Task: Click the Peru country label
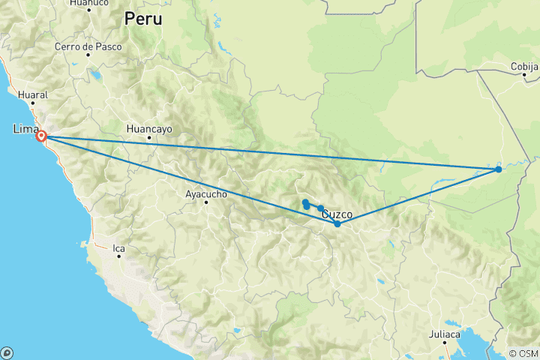(142, 19)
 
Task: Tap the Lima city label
(25, 129)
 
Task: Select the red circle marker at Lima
(42, 136)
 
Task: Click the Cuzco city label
(337, 214)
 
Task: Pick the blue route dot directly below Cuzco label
(337, 224)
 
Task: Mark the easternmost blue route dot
(499, 169)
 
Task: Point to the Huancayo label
(149, 128)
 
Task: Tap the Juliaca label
(445, 333)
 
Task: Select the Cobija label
(524, 67)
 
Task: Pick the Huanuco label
(88, 3)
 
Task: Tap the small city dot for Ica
(119, 256)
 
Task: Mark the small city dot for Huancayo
(149, 138)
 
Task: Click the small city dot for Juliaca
(445, 343)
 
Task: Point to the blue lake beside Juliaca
(480, 346)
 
